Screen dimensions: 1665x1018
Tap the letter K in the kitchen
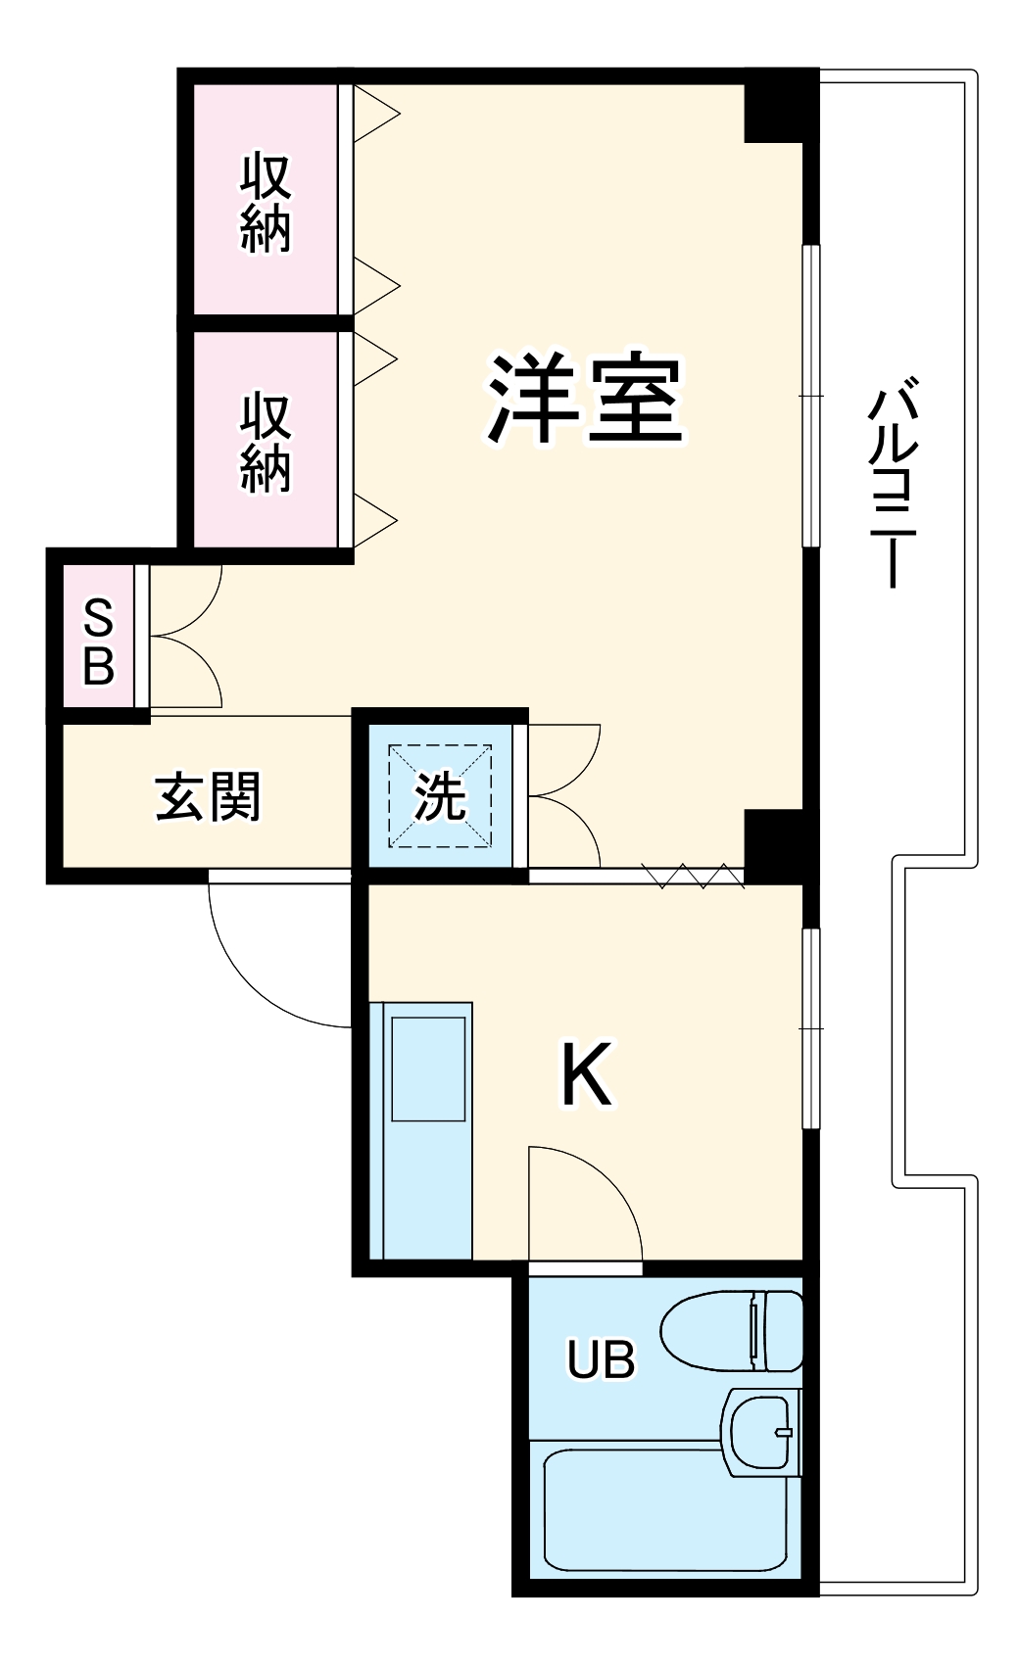point(586,1074)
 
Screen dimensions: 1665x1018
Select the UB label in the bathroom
point(601,1359)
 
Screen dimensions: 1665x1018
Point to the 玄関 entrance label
point(208,797)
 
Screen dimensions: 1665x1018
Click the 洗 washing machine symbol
point(440,797)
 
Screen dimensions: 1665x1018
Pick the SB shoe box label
point(99,642)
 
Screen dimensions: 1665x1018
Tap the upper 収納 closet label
point(266,202)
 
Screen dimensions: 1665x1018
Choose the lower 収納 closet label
point(266,442)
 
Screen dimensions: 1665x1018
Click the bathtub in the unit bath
point(666,1509)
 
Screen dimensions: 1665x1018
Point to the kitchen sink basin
point(428,1069)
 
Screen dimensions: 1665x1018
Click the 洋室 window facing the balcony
point(810,395)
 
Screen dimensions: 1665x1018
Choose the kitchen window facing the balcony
point(810,1028)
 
